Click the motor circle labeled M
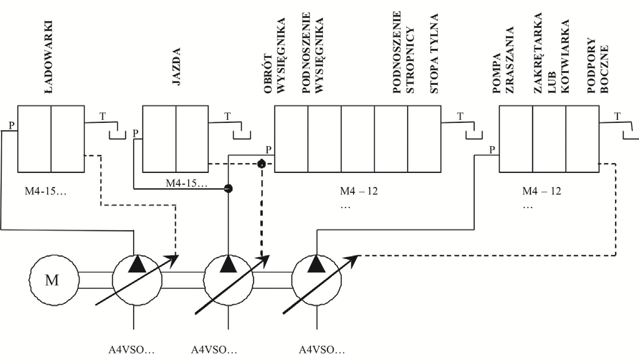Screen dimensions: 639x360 click(x=54, y=280)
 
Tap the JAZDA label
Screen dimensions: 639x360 click(x=176, y=67)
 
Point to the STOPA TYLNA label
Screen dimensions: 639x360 click(x=434, y=53)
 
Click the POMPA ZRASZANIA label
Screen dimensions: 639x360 click(x=503, y=60)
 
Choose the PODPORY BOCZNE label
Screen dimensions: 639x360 click(x=598, y=65)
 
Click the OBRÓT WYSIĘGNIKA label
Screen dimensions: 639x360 click(x=274, y=56)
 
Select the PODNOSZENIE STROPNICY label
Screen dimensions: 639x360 click(x=404, y=52)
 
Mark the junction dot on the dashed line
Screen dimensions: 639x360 click(x=262, y=164)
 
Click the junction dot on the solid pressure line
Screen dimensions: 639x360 click(x=228, y=188)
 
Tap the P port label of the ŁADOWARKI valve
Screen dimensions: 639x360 click(x=12, y=126)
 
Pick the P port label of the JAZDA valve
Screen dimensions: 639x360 click(x=136, y=133)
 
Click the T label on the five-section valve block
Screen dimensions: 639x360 click(x=460, y=117)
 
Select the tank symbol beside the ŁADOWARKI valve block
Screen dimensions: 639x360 click(x=117, y=135)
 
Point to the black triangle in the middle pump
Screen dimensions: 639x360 click(x=228, y=264)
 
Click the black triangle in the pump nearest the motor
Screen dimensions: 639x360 click(x=137, y=264)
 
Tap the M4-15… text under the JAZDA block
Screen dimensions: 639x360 click(x=186, y=184)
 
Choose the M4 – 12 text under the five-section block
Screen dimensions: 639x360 click(x=359, y=191)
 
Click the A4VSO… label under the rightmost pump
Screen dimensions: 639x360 click(x=322, y=349)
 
